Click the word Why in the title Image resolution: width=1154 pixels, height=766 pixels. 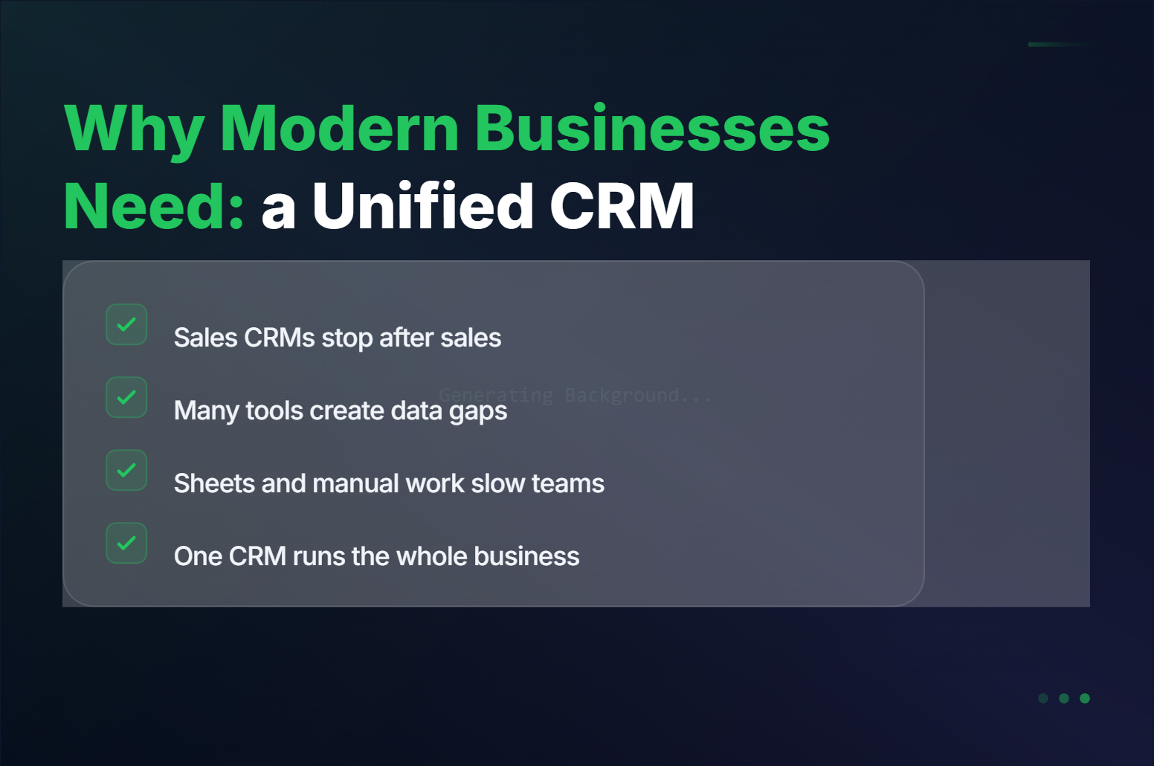point(134,129)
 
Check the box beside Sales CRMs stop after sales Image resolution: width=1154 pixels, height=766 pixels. point(126,324)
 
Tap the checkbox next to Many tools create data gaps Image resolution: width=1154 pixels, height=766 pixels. point(126,397)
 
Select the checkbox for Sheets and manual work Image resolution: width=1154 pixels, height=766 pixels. point(126,470)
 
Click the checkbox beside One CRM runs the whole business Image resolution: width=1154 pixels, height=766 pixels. point(126,543)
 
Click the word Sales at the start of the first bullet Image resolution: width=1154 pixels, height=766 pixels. point(205,338)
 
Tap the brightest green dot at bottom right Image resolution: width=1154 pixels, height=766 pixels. point(1085,698)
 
